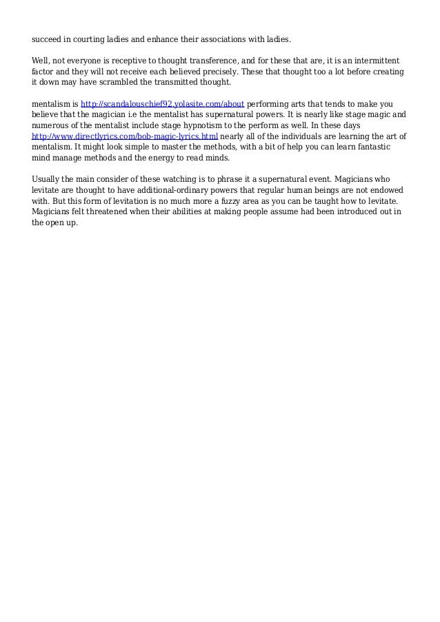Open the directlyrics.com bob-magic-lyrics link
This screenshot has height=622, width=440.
[x=126, y=137]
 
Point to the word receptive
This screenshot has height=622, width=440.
[x=132, y=60]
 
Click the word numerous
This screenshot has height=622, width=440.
[x=52, y=126]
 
